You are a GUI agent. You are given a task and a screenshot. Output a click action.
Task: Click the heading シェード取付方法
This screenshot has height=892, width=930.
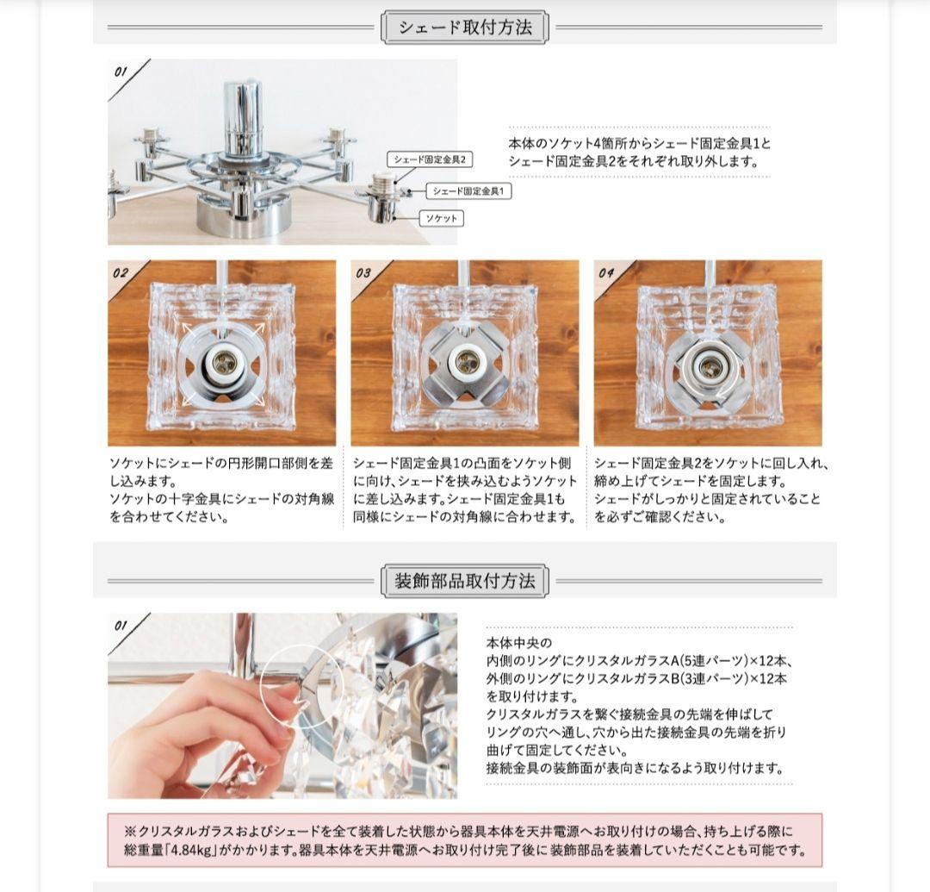click(x=465, y=28)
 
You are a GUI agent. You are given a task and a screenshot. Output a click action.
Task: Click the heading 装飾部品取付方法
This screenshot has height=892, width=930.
click(x=465, y=581)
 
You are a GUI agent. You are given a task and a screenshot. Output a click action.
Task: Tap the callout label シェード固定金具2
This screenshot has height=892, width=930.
click(x=431, y=159)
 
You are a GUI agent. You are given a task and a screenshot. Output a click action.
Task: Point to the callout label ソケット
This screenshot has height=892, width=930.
click(x=441, y=219)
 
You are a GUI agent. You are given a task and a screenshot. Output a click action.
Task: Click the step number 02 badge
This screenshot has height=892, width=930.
click(x=121, y=273)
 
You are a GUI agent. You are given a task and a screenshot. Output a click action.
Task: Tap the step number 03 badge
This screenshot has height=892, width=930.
click(x=363, y=273)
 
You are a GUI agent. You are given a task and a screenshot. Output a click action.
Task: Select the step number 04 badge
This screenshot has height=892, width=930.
click(x=606, y=273)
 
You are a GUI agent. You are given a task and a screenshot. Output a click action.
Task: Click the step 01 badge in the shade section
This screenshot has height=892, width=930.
click(x=121, y=72)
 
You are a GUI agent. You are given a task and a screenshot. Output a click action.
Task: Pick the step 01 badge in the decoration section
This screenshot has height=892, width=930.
click(x=121, y=626)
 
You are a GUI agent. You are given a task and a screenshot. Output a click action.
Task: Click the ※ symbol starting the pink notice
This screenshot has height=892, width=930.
click(x=130, y=832)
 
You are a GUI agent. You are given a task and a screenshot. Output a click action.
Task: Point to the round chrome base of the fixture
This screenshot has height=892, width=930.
click(x=241, y=215)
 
